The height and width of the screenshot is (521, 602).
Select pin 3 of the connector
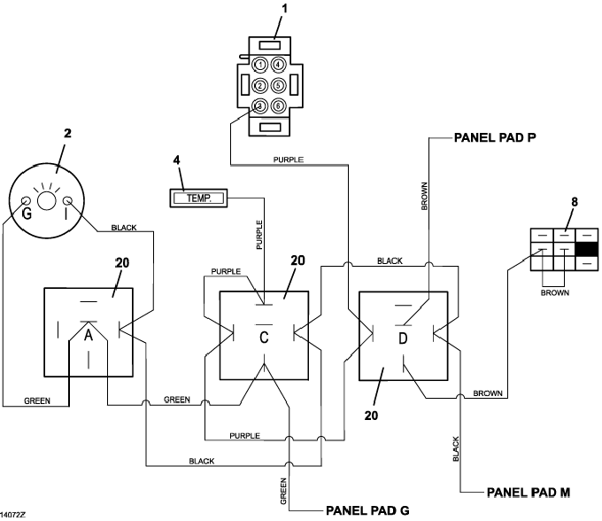(260, 106)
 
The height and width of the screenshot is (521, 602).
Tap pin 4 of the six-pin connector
(278, 65)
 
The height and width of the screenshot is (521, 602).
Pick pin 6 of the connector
(278, 106)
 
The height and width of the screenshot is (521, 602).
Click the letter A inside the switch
(89, 336)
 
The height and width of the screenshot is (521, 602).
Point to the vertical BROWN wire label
(423, 195)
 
